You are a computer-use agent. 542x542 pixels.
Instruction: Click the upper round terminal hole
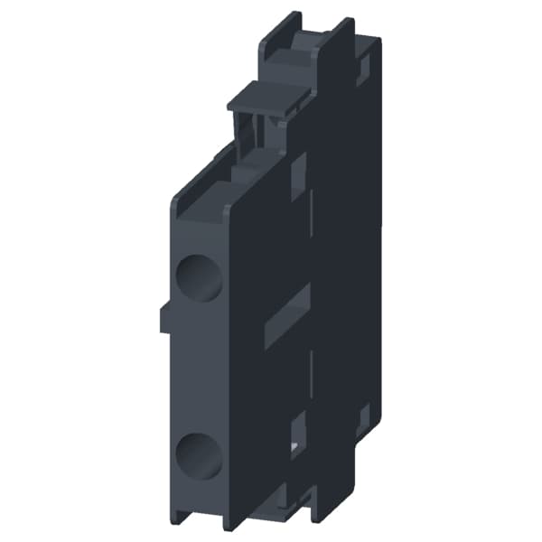click(199, 278)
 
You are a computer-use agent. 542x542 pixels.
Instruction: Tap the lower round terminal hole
click(199, 456)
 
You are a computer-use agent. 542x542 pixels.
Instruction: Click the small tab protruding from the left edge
click(164, 318)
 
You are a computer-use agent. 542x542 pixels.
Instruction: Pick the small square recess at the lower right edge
click(363, 416)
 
